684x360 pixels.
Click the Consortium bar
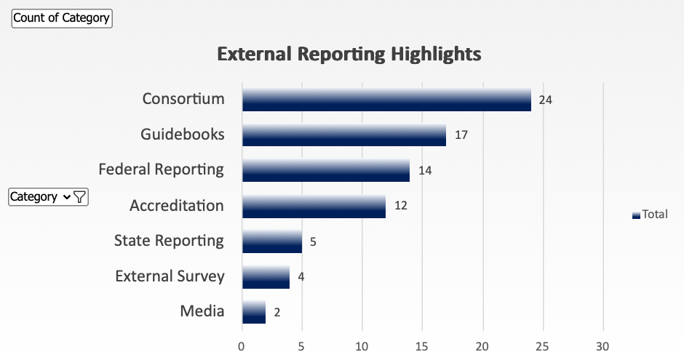[x=386, y=100]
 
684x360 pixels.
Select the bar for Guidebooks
[x=343, y=135]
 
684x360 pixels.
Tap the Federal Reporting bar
[x=325, y=171]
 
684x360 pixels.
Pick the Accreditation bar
[x=314, y=207]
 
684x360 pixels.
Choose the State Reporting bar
[x=271, y=241]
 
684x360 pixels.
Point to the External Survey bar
[x=266, y=277]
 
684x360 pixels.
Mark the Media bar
[x=253, y=313]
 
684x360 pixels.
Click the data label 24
[x=546, y=100]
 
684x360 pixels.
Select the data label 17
[x=461, y=135]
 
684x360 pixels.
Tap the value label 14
[x=425, y=171]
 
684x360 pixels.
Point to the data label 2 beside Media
[x=277, y=313]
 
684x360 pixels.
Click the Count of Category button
[x=62, y=18]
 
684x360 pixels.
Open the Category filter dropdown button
[x=49, y=196]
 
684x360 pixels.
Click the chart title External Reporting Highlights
[x=349, y=54]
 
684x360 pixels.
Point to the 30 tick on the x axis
[x=603, y=346]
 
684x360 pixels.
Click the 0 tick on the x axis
[x=242, y=346]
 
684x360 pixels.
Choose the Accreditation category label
[x=177, y=206]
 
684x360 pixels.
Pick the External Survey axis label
[x=170, y=276]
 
